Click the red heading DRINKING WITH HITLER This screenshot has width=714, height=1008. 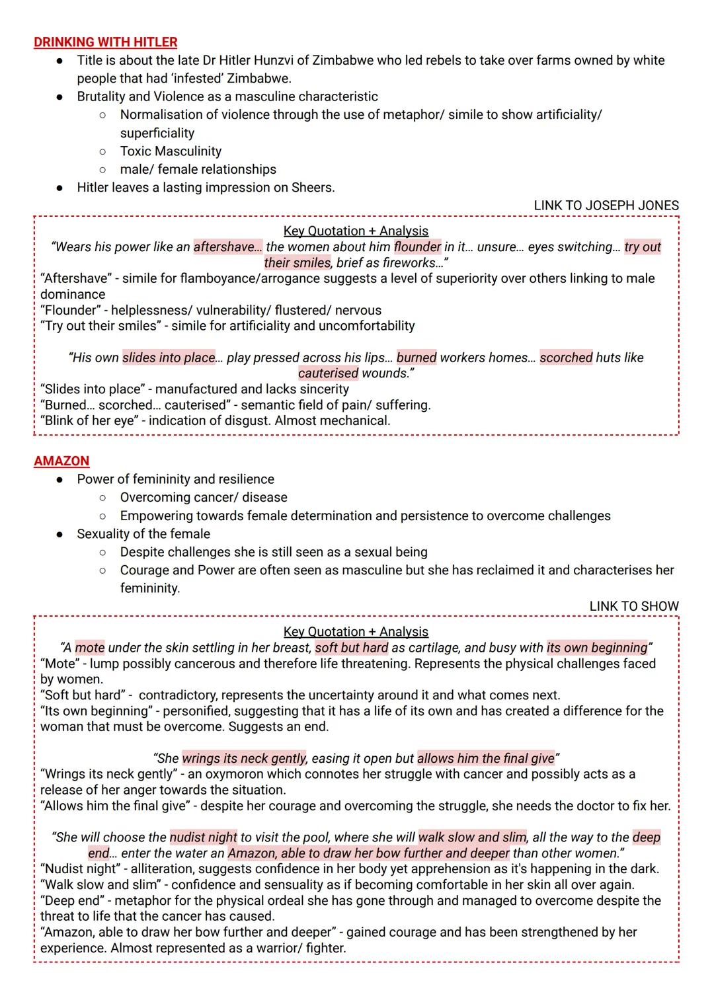tap(105, 42)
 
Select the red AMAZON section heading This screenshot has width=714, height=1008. tap(61, 461)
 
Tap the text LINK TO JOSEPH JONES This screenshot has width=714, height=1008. tap(606, 206)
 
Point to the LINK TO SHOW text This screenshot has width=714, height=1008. tap(633, 606)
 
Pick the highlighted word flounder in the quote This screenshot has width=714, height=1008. tap(417, 247)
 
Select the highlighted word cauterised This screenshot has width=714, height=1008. tap(328, 373)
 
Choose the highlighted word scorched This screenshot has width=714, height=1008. tap(566, 358)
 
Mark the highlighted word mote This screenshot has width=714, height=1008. tap(89, 648)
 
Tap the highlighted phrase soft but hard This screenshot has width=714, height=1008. tap(351, 648)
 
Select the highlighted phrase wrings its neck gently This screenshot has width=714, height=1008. tap(244, 759)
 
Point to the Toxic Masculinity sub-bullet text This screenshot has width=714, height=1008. tap(171, 151)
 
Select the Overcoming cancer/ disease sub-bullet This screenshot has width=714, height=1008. tap(204, 497)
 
